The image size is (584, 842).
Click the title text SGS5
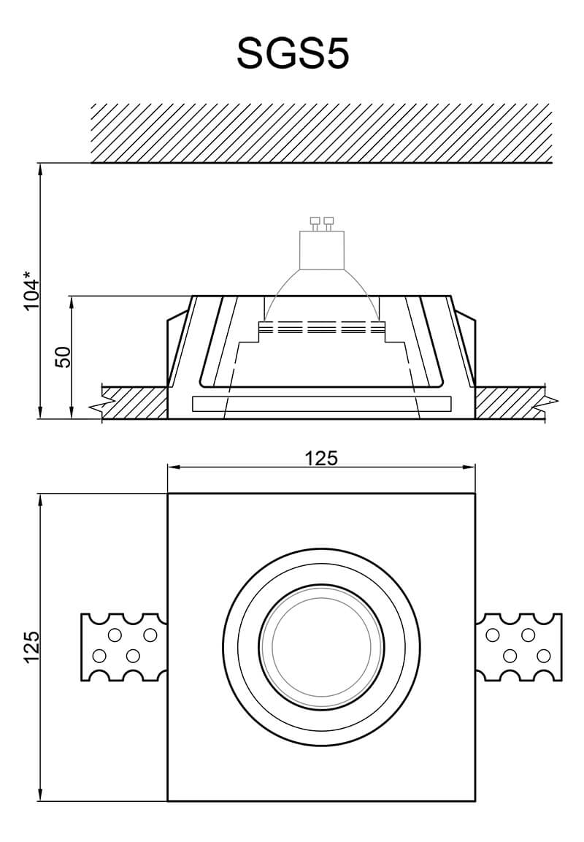coord(293,54)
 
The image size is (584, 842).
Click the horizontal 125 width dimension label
coord(321,458)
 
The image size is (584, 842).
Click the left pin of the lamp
coord(315,222)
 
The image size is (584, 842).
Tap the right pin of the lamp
coord(328,222)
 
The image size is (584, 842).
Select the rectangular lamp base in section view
coord(321,250)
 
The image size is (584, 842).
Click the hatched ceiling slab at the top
coord(321,132)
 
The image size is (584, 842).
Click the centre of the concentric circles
coord(321,646)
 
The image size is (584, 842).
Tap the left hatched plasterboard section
coord(136,402)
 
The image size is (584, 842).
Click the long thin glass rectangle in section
coord(321,404)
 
